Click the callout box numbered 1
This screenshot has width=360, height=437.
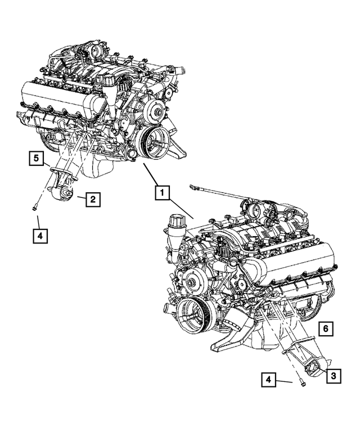161,194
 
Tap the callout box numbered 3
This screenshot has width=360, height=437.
333,375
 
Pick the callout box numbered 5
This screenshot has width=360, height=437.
36,160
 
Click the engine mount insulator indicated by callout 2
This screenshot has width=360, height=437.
64,194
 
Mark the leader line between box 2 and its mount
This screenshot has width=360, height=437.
79,198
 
